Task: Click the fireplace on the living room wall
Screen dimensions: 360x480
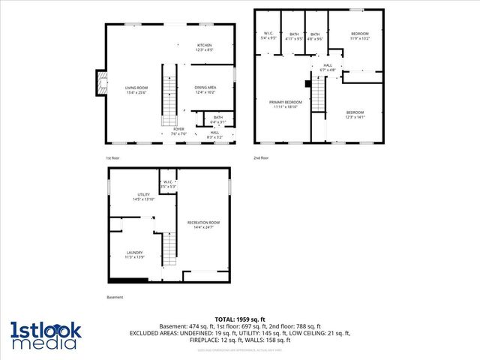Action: [98, 83]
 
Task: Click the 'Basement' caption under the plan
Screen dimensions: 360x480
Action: [115, 297]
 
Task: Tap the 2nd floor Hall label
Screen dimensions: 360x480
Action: [328, 67]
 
